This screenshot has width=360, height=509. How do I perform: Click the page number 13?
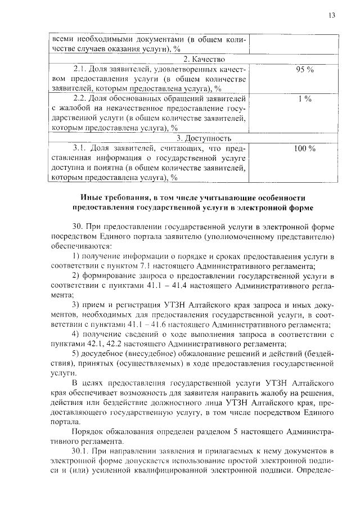pos(331,15)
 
